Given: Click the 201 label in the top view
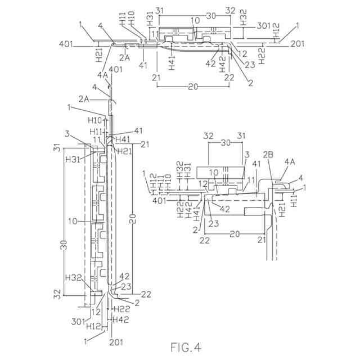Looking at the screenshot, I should point(296,44).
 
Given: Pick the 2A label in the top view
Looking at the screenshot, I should point(124,57).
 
